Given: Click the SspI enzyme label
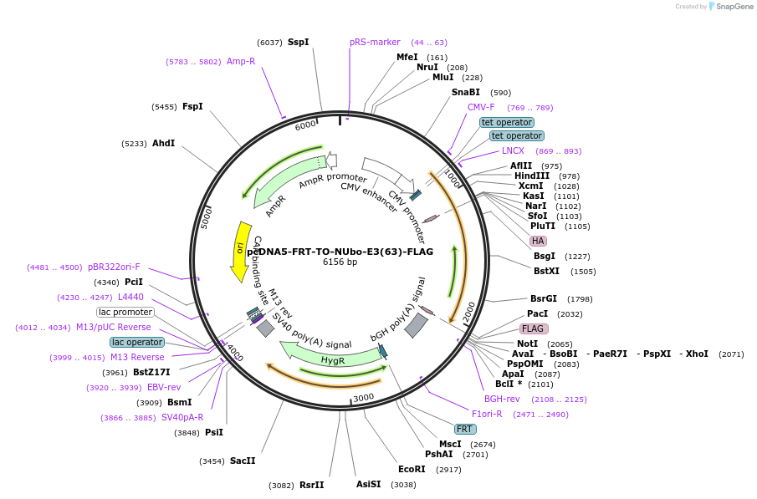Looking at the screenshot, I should tap(298, 42).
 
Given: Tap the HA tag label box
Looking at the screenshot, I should tap(538, 241).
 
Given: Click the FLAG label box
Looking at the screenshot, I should tap(533, 328).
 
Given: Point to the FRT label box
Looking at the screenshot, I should tap(465, 429).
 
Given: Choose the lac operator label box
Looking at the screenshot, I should tap(137, 342).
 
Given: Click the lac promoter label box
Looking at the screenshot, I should tap(125, 312).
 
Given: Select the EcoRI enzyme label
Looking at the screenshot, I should tap(412, 469).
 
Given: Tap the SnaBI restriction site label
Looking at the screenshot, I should tap(466, 92).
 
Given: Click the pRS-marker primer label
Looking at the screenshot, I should tap(375, 42).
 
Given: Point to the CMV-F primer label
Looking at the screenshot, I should tap(481, 107).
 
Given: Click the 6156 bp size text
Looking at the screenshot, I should tap(340, 262).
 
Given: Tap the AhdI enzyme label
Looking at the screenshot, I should tap(163, 143).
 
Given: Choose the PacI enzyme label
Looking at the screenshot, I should tap(538, 313).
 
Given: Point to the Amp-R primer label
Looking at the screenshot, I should tap(241, 61).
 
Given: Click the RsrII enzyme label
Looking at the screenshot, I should tap(311, 485).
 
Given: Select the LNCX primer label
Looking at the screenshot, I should tap(513, 150).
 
